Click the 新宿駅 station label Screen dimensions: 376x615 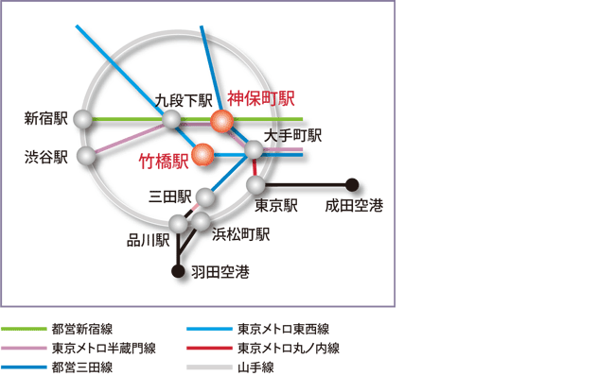(x=47, y=119)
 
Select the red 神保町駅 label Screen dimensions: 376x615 (x=261, y=97)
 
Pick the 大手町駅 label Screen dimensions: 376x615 (x=293, y=136)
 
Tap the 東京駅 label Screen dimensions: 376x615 (x=277, y=205)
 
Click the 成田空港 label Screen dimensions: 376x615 (x=354, y=205)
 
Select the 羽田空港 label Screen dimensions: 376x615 (x=220, y=273)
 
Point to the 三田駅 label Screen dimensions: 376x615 (x=170, y=197)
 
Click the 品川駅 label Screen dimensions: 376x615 (x=149, y=240)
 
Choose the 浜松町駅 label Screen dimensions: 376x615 (x=241, y=233)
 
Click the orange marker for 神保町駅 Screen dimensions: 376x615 (x=221, y=121)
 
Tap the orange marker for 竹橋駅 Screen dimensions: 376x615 (x=202, y=154)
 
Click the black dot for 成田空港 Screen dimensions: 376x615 (x=353, y=184)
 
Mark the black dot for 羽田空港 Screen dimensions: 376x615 (x=178, y=272)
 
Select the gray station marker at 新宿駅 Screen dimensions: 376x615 (x=84, y=120)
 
